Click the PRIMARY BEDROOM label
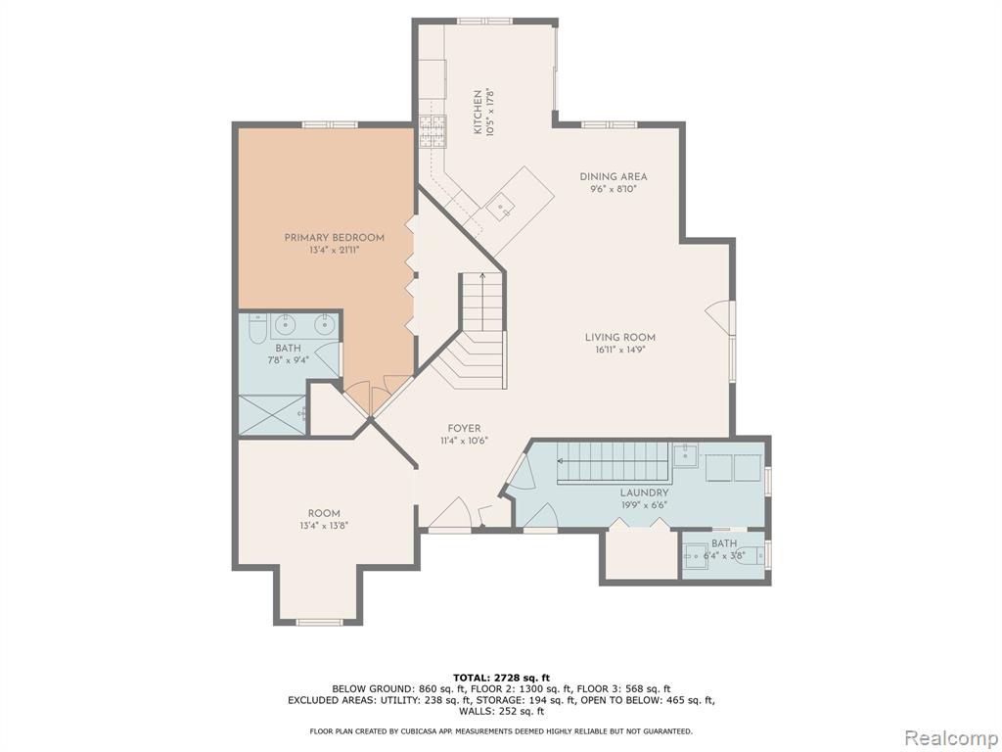pos(335,238)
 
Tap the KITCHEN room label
pos(478,112)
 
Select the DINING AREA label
pos(614,176)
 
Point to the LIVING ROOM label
pos(619,338)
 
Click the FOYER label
pos(464,429)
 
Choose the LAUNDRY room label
pos(644,493)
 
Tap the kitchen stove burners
pos(432,132)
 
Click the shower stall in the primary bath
pos(272,415)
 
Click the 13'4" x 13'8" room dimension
pos(324,526)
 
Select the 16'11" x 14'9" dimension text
pos(619,350)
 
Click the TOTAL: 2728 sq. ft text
pos(501,678)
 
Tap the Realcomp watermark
pos(951,738)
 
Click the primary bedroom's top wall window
pos(329,124)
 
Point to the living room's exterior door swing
pos(719,317)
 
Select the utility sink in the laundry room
pos(685,454)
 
